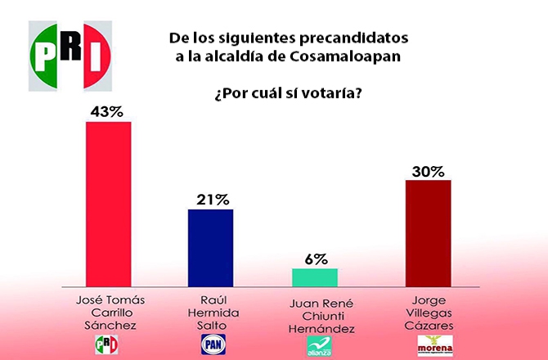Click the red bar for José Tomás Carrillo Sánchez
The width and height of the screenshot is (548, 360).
[x=109, y=203]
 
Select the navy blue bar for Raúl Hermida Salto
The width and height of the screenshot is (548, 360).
[x=210, y=246]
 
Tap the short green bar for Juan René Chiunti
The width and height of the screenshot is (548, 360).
[x=314, y=276]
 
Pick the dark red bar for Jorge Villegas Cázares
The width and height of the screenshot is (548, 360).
[x=429, y=232]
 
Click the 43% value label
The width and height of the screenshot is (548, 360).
[x=109, y=110]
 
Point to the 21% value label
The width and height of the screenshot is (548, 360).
[x=211, y=199]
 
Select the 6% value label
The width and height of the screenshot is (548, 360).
[x=314, y=258]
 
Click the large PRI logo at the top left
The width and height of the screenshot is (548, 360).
[x=70, y=55]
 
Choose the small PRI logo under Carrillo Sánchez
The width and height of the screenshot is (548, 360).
[x=108, y=345]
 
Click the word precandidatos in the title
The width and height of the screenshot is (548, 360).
[x=357, y=38]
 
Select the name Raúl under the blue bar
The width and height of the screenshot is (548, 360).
[x=212, y=300]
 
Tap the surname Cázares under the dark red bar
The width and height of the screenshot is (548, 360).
[x=429, y=325]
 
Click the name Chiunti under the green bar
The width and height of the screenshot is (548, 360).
[x=314, y=315]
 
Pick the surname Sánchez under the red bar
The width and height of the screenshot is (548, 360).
[x=108, y=326]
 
